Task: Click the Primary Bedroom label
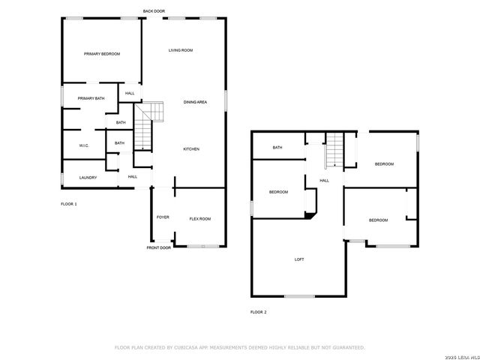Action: [x=102, y=54]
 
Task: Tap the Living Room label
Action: [x=181, y=50]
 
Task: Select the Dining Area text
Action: [x=196, y=101]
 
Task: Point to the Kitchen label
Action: [x=191, y=149]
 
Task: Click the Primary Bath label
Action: [x=91, y=98]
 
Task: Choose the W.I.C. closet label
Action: [x=84, y=145]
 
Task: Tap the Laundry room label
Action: [x=88, y=178]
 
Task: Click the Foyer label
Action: [x=163, y=217]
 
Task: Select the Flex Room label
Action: [x=200, y=218]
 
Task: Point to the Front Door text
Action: [x=159, y=247]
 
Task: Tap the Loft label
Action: [x=299, y=259]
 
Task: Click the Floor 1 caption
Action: [x=69, y=203]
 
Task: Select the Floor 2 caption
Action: [x=259, y=312]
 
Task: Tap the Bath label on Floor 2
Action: [x=277, y=148]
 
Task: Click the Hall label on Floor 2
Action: [x=325, y=181]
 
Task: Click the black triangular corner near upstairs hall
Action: [x=308, y=215]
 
